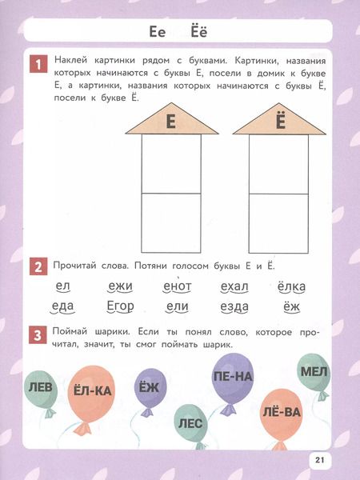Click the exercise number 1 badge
(37, 63)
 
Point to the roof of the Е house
(169, 122)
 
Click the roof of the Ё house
(279, 122)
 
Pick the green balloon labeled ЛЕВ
(41, 388)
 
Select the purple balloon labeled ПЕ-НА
(234, 375)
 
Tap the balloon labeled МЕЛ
(313, 371)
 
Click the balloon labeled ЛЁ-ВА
(281, 412)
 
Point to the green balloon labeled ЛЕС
(190, 422)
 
